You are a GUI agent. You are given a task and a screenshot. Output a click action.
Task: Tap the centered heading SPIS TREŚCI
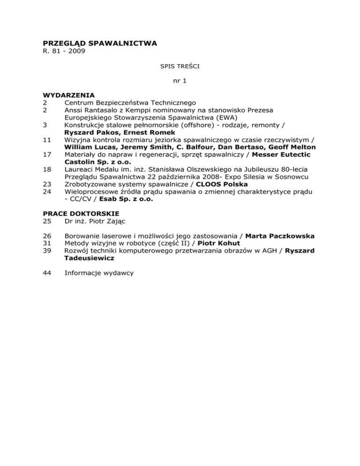click(x=180, y=67)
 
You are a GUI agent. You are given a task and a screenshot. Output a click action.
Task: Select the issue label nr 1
click(x=180, y=81)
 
